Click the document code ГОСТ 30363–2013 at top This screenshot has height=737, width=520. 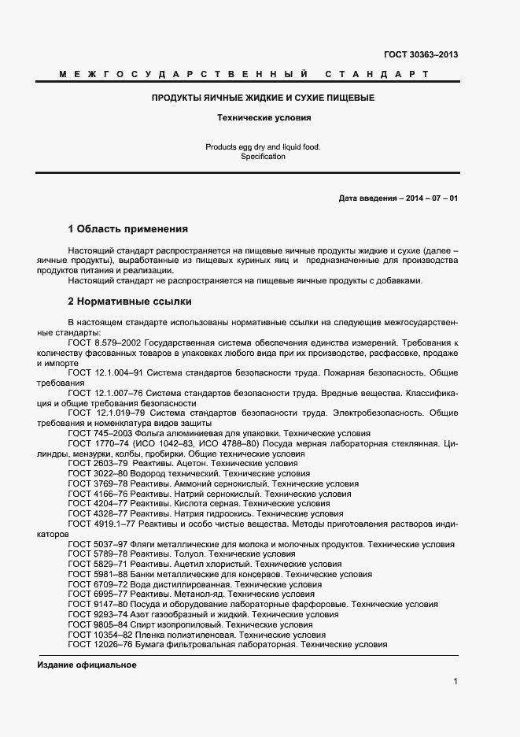click(x=420, y=54)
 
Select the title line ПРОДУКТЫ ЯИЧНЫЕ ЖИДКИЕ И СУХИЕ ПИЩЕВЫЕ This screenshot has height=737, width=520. click(x=263, y=98)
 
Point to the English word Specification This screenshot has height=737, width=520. click(x=263, y=156)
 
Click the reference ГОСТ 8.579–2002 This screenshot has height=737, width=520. click(x=105, y=343)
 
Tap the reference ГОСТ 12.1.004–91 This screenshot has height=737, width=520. click(x=106, y=372)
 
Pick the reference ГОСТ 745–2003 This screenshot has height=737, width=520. click(x=99, y=434)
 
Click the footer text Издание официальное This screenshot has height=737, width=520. click(x=87, y=665)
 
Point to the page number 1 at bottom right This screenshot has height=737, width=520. click(x=455, y=682)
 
